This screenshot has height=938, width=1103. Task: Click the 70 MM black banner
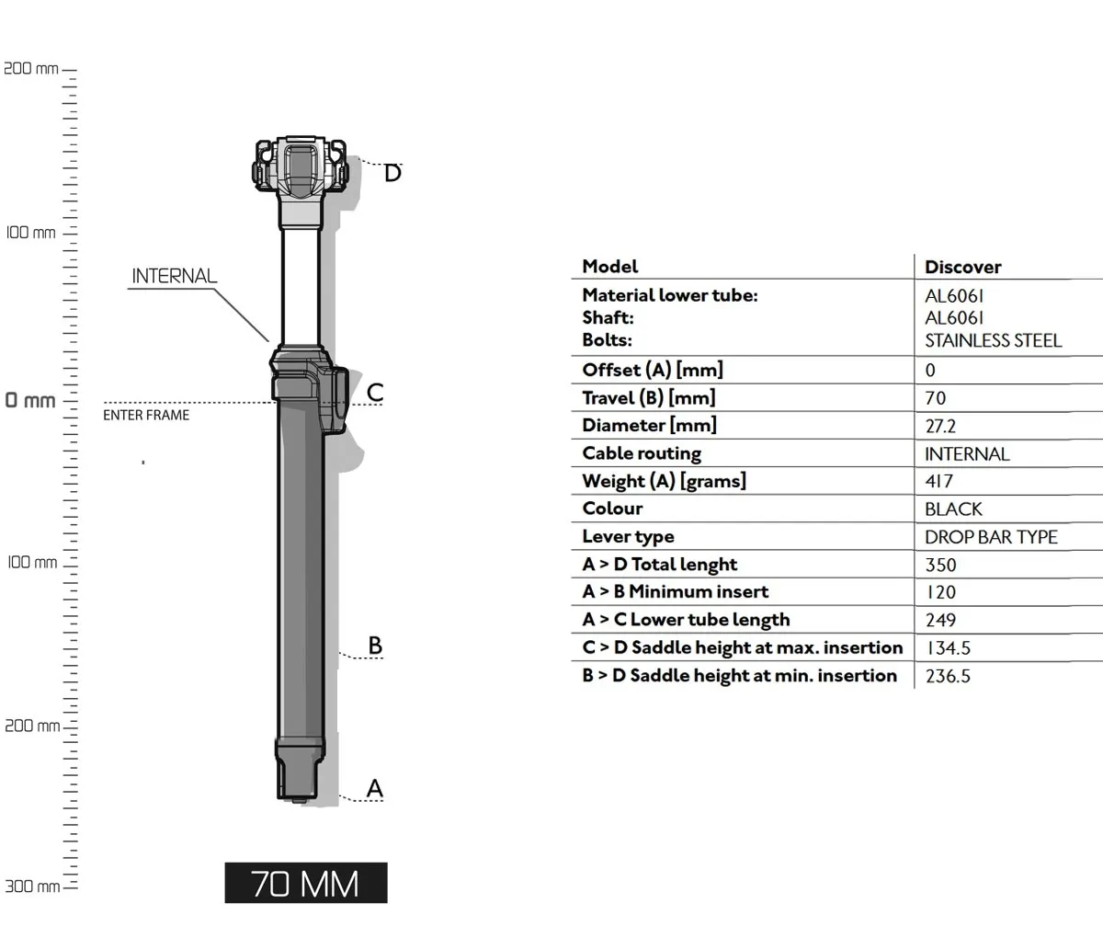305,883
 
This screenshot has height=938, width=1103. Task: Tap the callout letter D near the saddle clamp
392,173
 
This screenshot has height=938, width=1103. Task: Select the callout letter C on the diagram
375,393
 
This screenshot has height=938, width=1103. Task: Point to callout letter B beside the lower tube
375,646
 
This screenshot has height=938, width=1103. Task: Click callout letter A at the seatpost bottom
374,788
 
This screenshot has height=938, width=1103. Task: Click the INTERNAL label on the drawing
175,276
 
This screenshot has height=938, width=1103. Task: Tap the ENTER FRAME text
146,416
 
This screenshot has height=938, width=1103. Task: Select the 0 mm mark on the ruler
30,401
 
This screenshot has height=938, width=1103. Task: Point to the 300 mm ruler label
32,887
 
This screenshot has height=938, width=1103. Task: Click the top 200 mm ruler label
31,69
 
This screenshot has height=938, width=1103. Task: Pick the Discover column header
962,267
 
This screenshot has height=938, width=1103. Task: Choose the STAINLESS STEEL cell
993,340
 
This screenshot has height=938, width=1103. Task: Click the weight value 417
939,481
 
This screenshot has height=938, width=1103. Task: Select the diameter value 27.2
940,426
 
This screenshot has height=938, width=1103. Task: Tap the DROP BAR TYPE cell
991,537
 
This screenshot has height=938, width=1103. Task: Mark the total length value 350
940,565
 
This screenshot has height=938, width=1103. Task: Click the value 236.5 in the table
948,676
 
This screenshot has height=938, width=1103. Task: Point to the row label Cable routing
642,453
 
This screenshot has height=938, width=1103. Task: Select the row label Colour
612,509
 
